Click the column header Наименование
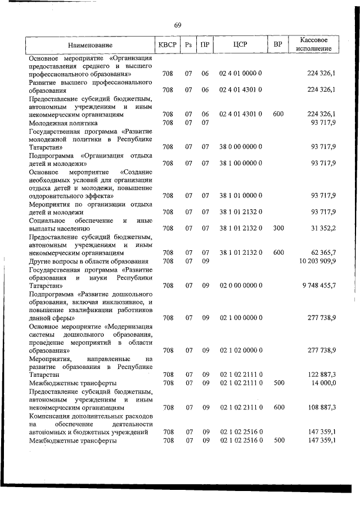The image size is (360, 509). [x=90, y=45]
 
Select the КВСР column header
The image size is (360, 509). [x=167, y=44]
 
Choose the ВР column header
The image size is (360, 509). [x=278, y=44]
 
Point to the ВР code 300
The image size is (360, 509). [x=278, y=228]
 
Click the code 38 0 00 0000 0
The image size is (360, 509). [x=240, y=147]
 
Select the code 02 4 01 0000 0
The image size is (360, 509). [x=240, y=74]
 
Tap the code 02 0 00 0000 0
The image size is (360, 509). [x=240, y=285]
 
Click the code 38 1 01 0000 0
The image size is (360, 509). [x=240, y=196]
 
